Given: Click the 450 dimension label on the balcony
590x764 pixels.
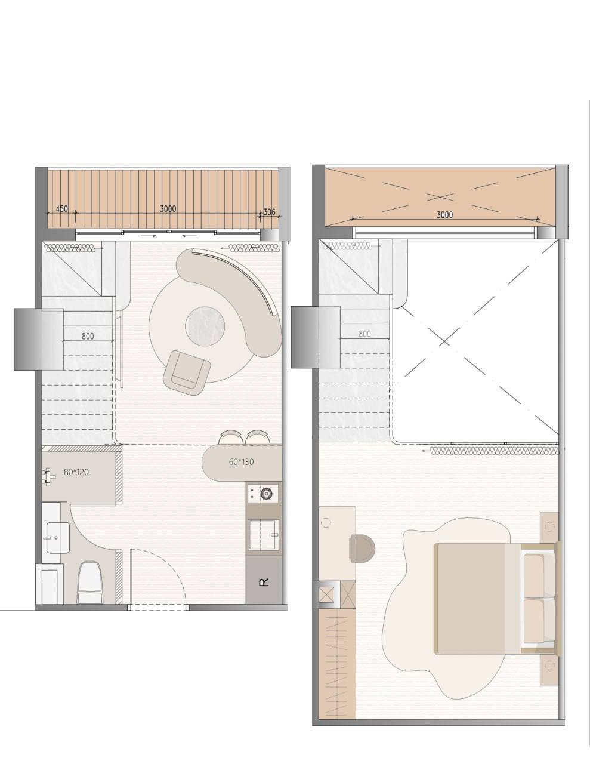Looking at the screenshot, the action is click(x=61, y=208).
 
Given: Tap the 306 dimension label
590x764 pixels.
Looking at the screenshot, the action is click(x=269, y=212).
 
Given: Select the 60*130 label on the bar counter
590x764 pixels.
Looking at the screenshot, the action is click(x=242, y=462).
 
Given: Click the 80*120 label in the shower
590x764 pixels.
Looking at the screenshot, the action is click(x=76, y=472).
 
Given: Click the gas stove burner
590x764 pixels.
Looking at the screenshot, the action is click(x=266, y=494).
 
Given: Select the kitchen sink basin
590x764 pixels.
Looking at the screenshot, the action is click(x=264, y=535).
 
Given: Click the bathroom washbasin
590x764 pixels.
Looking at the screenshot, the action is click(x=58, y=538).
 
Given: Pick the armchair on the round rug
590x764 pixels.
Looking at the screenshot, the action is click(x=187, y=373).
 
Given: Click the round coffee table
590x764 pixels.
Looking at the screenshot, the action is click(x=205, y=326).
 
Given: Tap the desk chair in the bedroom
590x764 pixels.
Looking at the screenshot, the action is click(x=363, y=549).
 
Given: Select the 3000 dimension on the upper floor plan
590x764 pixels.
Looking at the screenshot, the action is click(x=444, y=215).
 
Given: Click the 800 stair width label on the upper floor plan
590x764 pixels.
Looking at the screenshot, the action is click(x=364, y=334).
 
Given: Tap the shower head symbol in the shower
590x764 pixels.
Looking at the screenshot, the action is click(x=49, y=475).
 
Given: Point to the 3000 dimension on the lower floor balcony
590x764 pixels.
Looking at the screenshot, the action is click(x=168, y=209).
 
